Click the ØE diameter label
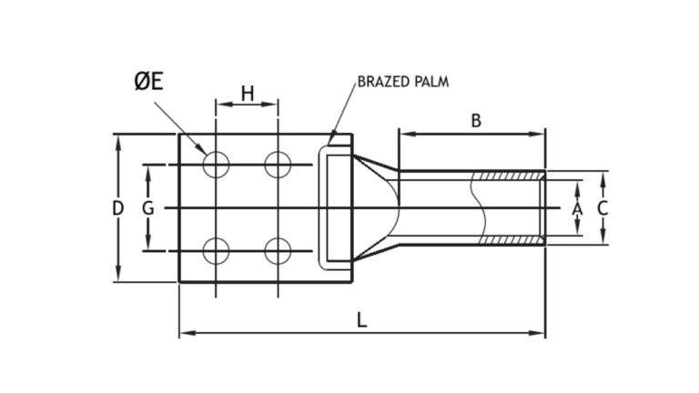pos(149,82)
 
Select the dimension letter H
pos(247,92)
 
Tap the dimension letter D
pos(117,208)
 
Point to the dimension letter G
pos(148,208)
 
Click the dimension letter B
pos(474,119)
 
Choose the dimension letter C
pos(603,208)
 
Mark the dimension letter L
pos(362,320)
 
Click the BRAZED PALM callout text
pos(403,82)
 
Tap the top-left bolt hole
pos(216,165)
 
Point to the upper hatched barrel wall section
pos(512,176)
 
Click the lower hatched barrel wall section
pos(512,240)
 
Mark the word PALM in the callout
pos(432,82)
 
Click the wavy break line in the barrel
pos(475,208)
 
